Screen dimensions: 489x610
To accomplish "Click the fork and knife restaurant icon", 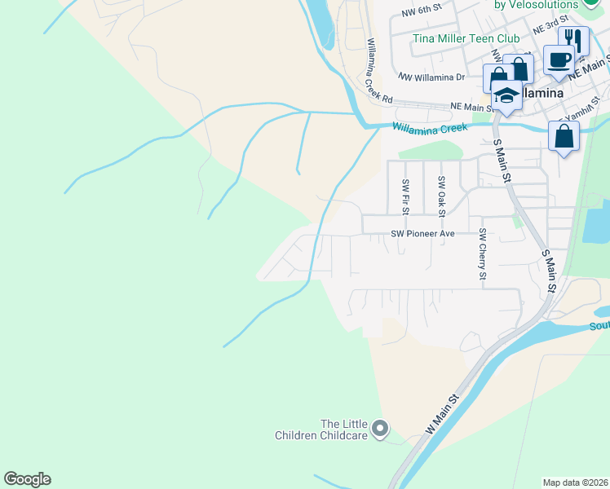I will [574, 39].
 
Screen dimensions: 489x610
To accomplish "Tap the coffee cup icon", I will [559, 60].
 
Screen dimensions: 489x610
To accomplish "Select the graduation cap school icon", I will [506, 95].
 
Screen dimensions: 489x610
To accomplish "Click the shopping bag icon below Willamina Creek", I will [564, 136].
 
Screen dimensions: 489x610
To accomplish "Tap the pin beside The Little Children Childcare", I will [379, 428].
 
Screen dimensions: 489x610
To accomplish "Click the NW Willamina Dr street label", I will [431, 77].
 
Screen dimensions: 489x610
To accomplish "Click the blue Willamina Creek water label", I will [430, 128].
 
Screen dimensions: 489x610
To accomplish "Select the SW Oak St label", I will [441, 196].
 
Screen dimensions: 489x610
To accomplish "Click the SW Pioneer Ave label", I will [422, 233].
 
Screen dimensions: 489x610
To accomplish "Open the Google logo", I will [27, 479].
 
